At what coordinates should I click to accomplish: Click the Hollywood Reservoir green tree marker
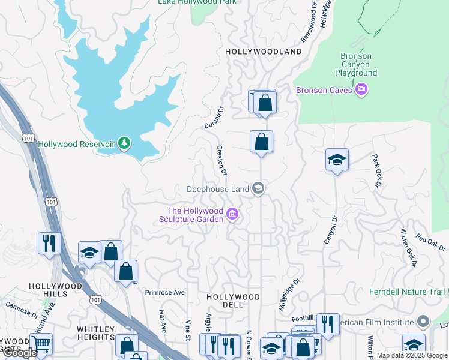(x=124, y=143)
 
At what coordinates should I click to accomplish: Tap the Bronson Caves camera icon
(x=361, y=90)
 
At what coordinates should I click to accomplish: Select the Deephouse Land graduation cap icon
(x=258, y=189)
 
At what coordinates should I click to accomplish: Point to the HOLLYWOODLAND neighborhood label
(x=263, y=52)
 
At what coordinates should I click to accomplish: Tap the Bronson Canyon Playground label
(x=356, y=65)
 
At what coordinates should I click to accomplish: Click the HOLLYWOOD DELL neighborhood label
(x=233, y=301)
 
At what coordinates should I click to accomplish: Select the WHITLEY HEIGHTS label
(x=95, y=333)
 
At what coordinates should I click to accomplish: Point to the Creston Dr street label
(x=222, y=160)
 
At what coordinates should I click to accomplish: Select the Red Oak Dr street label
(x=430, y=243)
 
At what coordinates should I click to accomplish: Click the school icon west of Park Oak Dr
(x=337, y=160)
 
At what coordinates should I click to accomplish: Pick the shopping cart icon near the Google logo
(x=41, y=344)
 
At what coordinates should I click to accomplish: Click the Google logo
(x=20, y=353)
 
